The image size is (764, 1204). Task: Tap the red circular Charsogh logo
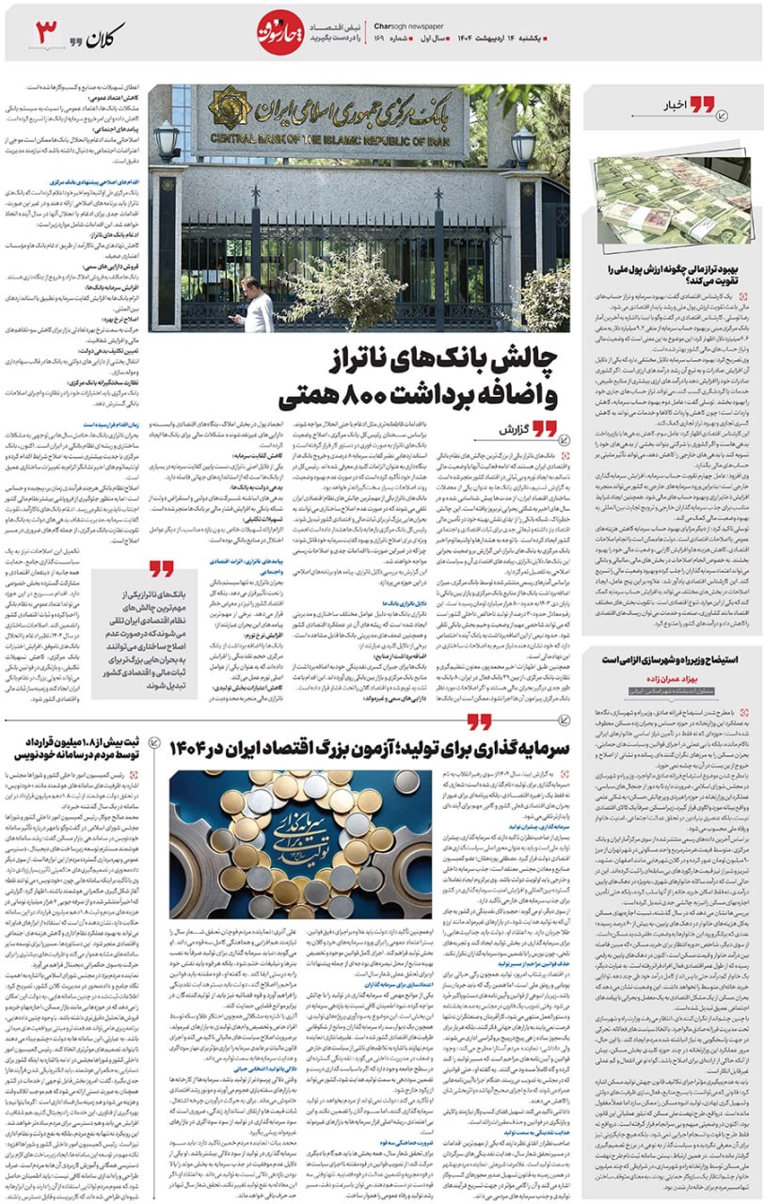click(x=280, y=33)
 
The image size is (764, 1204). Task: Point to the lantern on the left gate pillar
click(x=167, y=141)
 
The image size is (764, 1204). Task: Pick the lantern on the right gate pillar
click(x=523, y=146)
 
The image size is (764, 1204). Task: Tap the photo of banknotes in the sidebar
click(x=671, y=200)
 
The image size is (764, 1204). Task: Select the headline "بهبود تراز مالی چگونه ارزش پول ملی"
click(x=674, y=274)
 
